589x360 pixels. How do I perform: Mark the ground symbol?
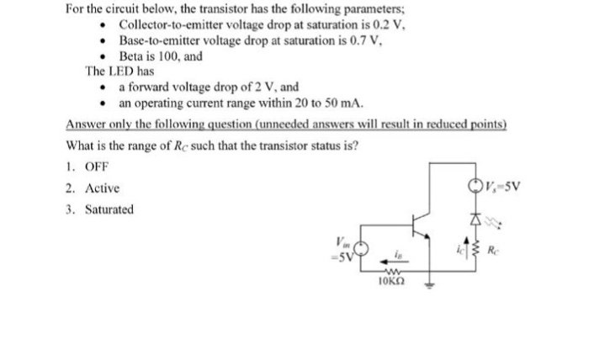coord(430,284)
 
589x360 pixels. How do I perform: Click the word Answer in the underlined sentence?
coord(85,124)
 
